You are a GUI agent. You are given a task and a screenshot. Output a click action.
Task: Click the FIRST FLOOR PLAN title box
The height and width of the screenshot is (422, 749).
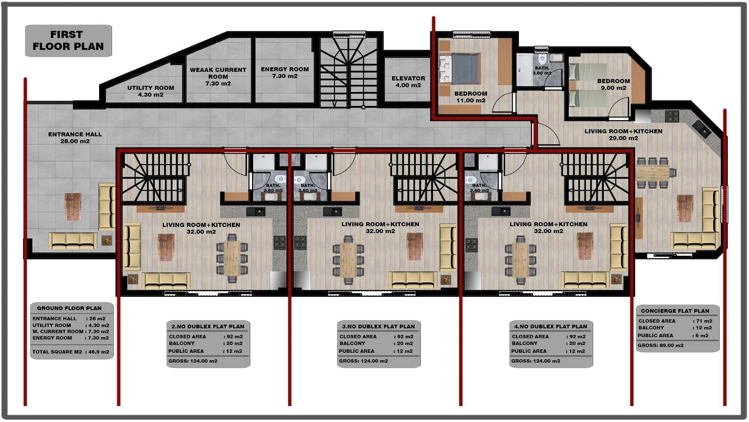(x=68, y=41)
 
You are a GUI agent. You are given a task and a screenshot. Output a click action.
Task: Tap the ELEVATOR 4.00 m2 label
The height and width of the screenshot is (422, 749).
(x=408, y=82)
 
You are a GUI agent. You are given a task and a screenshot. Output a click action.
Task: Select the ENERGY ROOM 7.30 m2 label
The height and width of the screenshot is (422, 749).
(x=285, y=72)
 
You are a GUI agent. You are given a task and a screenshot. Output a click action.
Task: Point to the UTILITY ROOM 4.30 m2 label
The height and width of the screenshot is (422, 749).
(x=151, y=91)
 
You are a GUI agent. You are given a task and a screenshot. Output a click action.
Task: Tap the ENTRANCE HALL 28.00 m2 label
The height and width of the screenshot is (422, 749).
(x=75, y=138)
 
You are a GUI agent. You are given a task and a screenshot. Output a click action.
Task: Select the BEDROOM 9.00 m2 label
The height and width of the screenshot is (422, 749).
(x=613, y=84)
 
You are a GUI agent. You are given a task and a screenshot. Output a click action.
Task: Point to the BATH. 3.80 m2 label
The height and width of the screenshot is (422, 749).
(x=542, y=71)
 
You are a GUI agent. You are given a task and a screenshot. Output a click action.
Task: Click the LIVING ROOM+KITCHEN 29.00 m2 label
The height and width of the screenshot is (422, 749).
(x=623, y=134)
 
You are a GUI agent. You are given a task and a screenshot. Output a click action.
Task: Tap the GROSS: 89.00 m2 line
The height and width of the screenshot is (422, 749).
(x=660, y=345)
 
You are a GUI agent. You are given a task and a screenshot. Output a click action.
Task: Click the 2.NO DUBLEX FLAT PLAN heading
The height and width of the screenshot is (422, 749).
(x=208, y=327)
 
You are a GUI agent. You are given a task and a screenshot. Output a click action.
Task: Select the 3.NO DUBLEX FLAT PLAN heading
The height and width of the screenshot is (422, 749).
(x=378, y=327)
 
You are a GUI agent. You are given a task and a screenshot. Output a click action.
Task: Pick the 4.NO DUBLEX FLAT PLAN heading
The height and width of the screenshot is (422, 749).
(x=550, y=327)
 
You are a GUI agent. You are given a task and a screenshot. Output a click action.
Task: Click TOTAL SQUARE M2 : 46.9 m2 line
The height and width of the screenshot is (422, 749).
(x=71, y=352)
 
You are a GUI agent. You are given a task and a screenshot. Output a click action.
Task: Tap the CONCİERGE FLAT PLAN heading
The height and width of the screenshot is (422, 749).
(x=675, y=311)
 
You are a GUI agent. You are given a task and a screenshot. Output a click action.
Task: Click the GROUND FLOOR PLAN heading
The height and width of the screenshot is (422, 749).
(x=69, y=308)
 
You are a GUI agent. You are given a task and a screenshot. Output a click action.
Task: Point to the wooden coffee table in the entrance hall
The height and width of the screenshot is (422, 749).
(x=73, y=206)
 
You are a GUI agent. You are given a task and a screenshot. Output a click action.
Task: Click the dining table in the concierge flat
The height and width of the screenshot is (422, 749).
(x=652, y=172)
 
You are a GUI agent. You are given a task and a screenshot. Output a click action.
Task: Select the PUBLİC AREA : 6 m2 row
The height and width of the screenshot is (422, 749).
(x=673, y=336)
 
